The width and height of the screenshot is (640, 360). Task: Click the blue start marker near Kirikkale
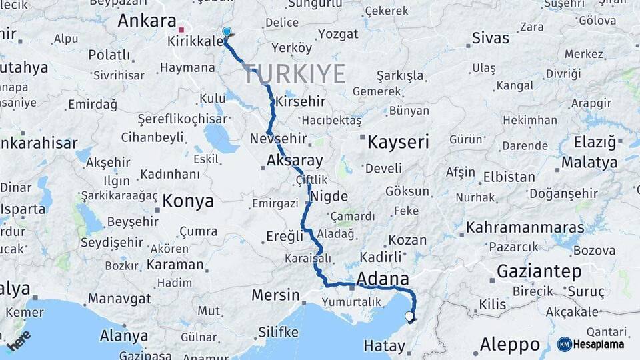point(227,32)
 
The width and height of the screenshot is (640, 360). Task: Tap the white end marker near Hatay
point(409,316)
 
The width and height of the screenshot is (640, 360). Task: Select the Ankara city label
point(147,21)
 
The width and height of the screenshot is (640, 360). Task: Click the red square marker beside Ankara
point(181,30)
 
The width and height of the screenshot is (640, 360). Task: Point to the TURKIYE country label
point(295,74)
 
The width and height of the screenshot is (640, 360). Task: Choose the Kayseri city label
point(399,141)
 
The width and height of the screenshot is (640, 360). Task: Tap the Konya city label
point(188,201)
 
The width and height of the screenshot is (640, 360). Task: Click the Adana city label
point(383,278)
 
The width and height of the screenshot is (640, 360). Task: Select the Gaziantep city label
point(539,271)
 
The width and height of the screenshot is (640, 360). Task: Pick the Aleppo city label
point(510,345)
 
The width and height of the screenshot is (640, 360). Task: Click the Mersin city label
point(275,295)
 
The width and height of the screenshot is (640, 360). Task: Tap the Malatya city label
point(589,162)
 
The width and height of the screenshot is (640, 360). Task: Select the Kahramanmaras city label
point(525,227)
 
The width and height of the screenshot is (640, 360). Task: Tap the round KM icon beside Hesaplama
point(564,344)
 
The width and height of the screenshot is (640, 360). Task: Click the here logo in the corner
point(19,340)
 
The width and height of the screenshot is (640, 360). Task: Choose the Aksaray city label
point(294,161)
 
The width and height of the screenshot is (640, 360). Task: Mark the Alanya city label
point(123,335)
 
